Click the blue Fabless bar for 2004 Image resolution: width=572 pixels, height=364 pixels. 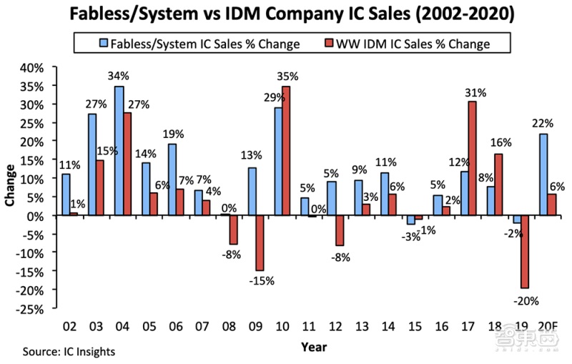click(119, 151)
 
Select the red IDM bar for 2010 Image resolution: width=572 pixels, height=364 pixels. click(287, 151)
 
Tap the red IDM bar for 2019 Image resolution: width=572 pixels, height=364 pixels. click(525, 252)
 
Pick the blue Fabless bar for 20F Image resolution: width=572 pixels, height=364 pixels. click(543, 174)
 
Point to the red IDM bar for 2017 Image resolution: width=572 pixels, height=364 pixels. click(472, 158)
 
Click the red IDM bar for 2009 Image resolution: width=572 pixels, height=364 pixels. click(260, 243)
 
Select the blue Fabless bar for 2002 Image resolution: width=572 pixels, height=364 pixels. click(66, 195)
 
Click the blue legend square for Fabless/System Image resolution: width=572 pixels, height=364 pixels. click(104, 43)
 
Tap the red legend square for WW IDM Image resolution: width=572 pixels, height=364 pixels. click(330, 43)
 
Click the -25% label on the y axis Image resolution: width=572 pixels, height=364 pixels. click(29, 309)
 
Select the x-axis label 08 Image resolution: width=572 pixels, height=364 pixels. click(229, 326)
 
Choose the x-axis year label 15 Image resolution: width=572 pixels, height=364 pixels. click(415, 326)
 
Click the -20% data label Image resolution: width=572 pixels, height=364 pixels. click(526, 301)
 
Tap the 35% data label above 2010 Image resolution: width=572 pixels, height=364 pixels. click(287, 77)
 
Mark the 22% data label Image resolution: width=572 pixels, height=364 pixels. click(543, 123)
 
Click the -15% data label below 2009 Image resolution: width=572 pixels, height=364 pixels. click(262, 281)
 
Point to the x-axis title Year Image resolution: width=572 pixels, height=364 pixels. click(314, 347)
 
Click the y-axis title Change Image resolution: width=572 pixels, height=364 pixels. click(10, 185)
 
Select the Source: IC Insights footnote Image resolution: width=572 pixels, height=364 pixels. click(69, 352)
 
